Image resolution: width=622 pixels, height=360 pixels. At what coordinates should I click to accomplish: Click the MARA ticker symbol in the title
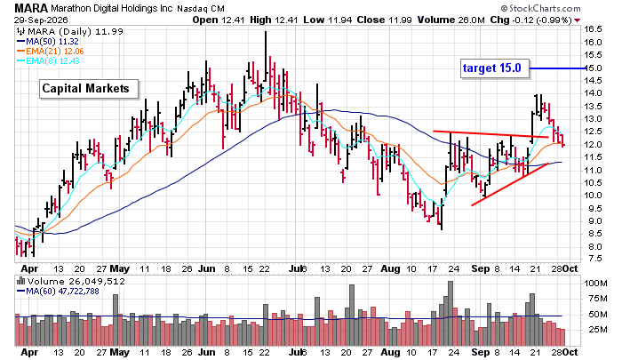click(31, 7)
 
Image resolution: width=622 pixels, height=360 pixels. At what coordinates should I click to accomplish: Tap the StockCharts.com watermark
click(540, 8)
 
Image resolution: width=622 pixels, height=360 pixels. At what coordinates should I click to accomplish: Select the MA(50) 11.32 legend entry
click(48, 41)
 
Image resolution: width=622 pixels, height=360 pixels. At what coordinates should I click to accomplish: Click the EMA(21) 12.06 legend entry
click(50, 52)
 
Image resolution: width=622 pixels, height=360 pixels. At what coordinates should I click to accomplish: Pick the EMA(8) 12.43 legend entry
click(48, 61)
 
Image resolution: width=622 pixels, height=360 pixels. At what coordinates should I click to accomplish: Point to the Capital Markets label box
click(89, 89)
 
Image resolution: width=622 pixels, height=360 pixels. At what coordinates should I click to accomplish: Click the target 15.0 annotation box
click(495, 68)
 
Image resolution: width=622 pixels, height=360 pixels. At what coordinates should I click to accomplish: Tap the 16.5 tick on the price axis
click(593, 29)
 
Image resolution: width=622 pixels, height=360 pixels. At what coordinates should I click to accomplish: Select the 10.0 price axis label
click(593, 196)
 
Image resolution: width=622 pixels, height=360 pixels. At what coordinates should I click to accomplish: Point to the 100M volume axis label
click(595, 284)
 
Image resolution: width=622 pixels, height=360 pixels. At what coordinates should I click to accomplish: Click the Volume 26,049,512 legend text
click(71, 282)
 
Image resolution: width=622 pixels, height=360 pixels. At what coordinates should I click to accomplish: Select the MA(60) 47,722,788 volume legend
click(58, 292)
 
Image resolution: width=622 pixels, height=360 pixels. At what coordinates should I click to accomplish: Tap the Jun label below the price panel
click(207, 268)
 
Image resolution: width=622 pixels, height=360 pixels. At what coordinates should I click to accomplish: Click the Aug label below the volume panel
click(390, 352)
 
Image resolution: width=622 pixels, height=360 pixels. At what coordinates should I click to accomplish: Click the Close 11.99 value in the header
click(384, 20)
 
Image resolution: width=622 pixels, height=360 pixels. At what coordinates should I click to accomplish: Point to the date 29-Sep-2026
click(41, 20)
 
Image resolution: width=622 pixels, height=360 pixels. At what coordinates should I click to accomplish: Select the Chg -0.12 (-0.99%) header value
click(530, 20)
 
